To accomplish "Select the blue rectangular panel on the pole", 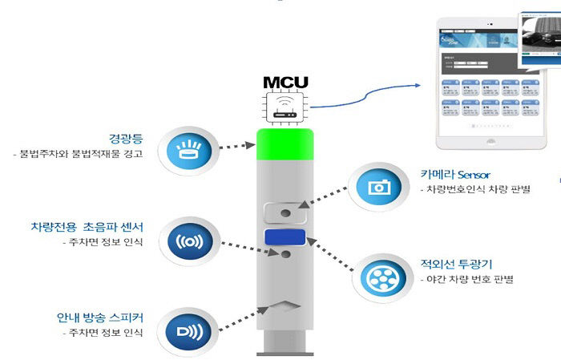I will (x=285, y=237).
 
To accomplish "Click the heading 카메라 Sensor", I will (x=454, y=174).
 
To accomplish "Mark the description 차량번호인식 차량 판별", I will (x=475, y=190).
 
